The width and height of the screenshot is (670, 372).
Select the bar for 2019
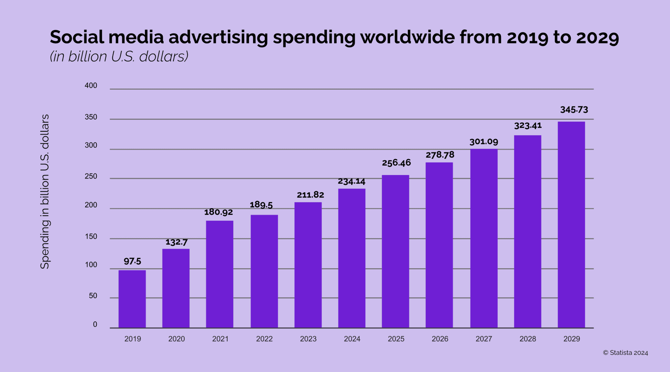pyautogui.click(x=132, y=299)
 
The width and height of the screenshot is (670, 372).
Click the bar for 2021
pyautogui.click(x=220, y=274)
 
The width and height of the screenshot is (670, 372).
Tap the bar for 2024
pyautogui.click(x=352, y=258)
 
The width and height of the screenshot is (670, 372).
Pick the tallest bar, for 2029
pyautogui.click(x=571, y=225)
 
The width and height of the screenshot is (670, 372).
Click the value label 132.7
pyautogui.click(x=176, y=242)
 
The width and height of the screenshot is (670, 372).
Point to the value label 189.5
pyautogui.click(x=261, y=205)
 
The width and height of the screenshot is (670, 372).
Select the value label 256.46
pyautogui.click(x=396, y=163)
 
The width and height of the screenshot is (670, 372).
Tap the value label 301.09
pyautogui.click(x=484, y=142)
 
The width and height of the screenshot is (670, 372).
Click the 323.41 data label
pyautogui.click(x=528, y=125)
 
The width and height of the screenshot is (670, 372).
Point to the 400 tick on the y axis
pyautogui.click(x=91, y=85)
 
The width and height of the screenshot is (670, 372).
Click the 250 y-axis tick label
pyautogui.click(x=91, y=176)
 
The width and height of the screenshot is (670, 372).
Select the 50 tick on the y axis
pyautogui.click(x=93, y=296)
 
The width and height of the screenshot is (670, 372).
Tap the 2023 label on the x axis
pyautogui.click(x=308, y=339)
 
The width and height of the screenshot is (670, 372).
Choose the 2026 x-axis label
pyautogui.click(x=440, y=339)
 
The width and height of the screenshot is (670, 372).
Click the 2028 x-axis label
pyautogui.click(x=528, y=339)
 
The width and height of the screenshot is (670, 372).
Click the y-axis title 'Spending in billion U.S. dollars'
pyautogui.click(x=45, y=192)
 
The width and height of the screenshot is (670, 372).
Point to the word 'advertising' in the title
pyautogui.click(x=218, y=37)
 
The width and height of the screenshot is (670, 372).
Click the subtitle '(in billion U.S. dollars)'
pyautogui.click(x=119, y=56)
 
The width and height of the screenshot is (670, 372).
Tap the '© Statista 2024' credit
pyautogui.click(x=626, y=353)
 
